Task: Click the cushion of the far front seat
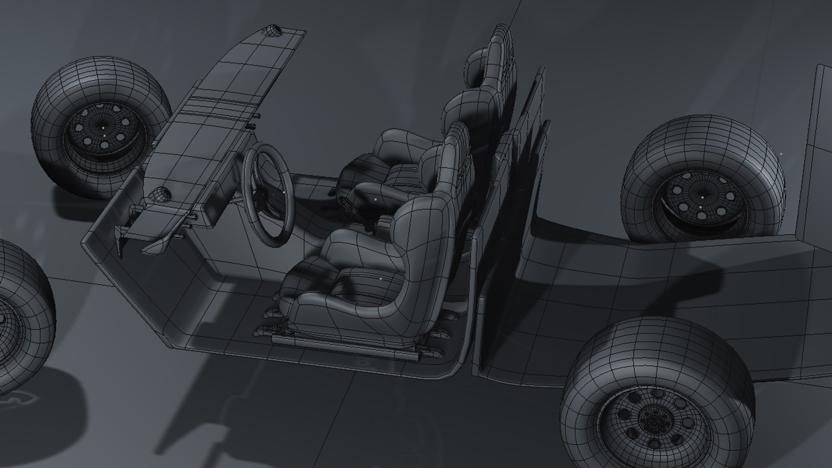pos(390,143)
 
